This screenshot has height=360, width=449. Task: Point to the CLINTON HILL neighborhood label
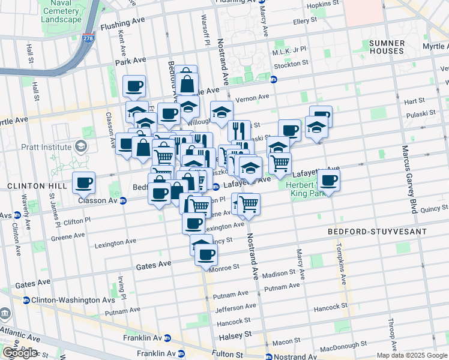[x=28, y=187]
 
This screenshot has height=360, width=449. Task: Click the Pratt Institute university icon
[x=80, y=146]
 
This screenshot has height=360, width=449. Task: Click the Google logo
[x=19, y=353]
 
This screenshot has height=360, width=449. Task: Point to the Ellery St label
[x=304, y=20]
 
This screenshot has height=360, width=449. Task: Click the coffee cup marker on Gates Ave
[x=205, y=254]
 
